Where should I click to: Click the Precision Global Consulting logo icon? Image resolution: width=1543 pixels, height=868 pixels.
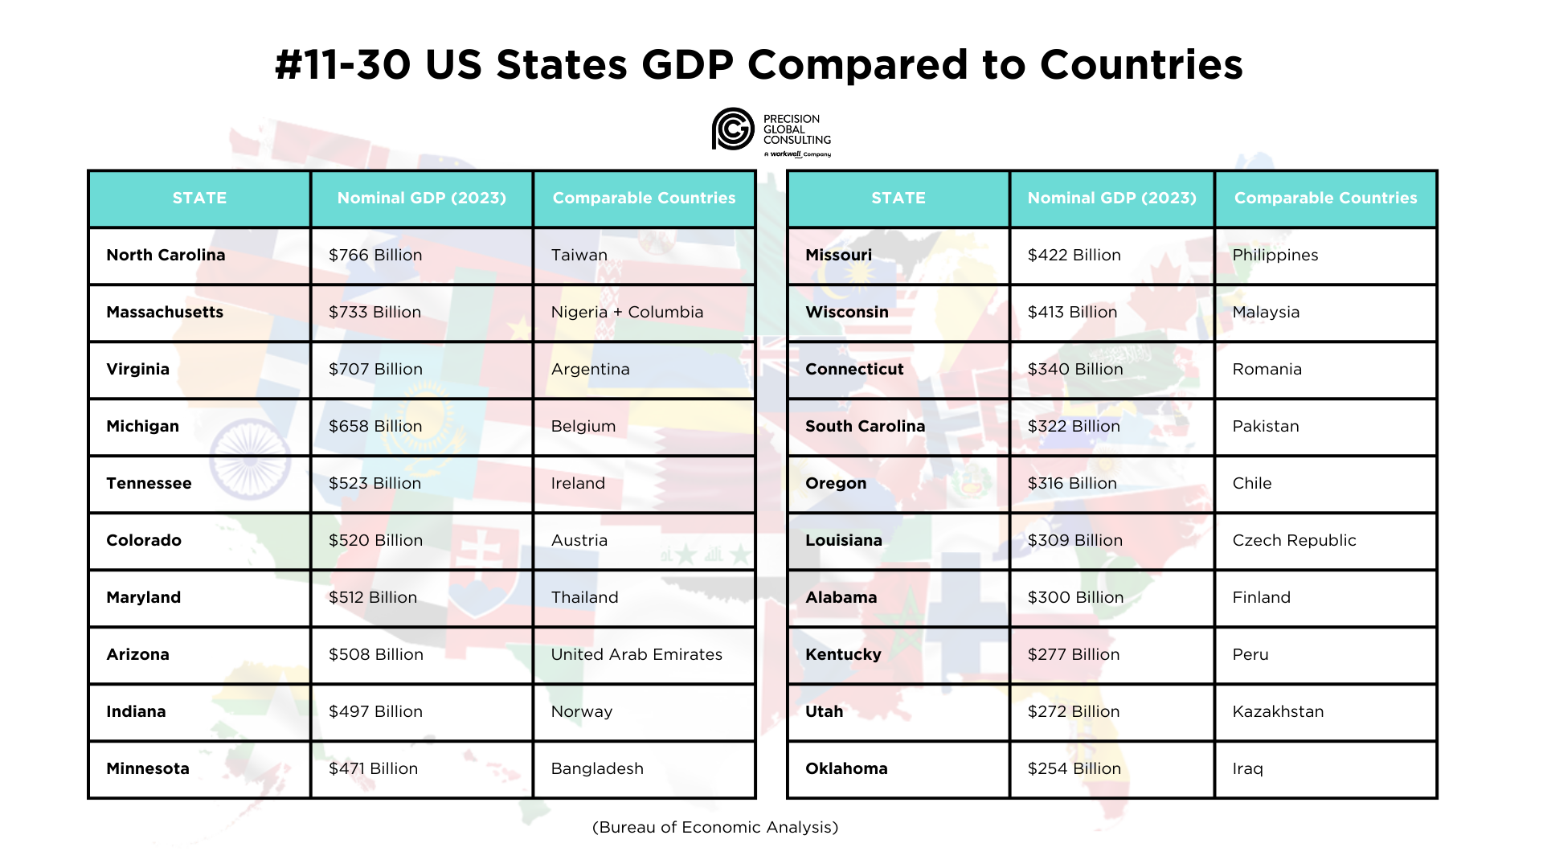(733, 129)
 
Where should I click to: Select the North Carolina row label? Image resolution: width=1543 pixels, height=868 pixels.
(166, 255)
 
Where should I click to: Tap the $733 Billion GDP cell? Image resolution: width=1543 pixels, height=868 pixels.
(374, 312)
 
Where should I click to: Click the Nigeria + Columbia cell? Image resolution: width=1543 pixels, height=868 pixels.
(627, 312)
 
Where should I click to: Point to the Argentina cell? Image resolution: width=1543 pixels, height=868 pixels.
(590, 369)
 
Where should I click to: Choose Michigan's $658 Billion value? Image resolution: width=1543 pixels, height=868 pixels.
(374, 426)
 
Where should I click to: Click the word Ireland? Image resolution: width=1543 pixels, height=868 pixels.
(578, 483)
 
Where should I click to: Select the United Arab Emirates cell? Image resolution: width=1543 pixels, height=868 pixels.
(636, 654)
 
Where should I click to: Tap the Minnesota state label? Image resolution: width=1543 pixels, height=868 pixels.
(148, 768)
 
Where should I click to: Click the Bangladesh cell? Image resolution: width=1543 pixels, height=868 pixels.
(597, 768)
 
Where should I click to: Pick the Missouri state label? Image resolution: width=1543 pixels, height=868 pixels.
(838, 255)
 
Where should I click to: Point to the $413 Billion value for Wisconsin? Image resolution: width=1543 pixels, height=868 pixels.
(1072, 312)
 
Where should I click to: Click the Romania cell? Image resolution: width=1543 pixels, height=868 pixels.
(1267, 369)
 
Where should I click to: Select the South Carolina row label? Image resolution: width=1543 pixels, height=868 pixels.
(865, 426)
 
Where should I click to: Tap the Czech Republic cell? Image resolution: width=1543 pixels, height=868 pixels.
(1294, 540)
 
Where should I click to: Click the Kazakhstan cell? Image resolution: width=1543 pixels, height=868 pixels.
(1278, 711)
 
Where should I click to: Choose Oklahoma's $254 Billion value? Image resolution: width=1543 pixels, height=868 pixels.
(1074, 768)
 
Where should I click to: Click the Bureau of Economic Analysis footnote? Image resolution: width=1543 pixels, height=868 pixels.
(715, 827)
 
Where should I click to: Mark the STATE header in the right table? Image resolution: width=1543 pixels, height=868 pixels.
(898, 198)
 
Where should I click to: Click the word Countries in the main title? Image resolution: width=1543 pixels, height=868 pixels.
(1141, 64)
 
